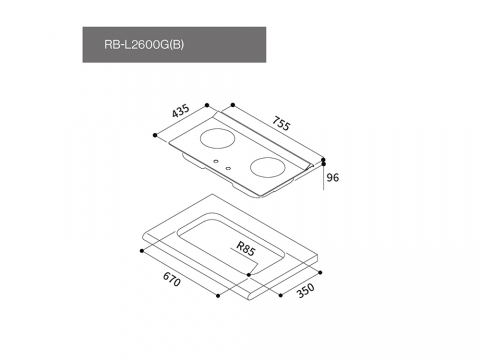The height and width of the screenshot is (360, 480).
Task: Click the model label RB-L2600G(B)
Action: pos(144,45)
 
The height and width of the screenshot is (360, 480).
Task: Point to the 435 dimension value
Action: pos(181,111)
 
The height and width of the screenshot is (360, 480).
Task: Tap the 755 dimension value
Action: pos(281,123)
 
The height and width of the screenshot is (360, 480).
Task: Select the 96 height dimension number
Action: pos(332,177)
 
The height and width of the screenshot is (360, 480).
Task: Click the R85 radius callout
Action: pos(246,248)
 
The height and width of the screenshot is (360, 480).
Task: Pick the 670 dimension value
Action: pos(172,279)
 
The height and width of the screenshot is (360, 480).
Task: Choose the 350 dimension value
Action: pos(305,290)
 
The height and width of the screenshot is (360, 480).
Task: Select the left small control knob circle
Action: pos(216,162)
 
